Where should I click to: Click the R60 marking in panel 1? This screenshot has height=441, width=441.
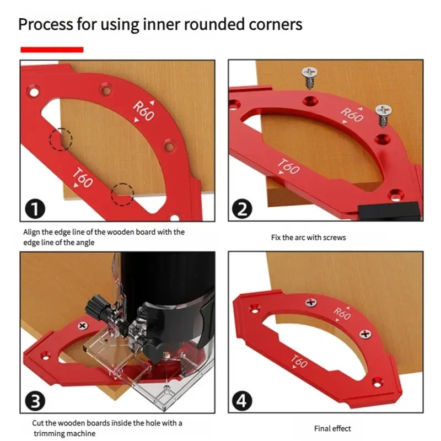[144, 111]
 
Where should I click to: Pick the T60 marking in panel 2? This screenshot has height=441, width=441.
[288, 166]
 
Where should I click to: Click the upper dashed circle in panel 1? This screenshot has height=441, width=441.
[61, 139]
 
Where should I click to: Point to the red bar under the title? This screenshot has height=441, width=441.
[52, 50]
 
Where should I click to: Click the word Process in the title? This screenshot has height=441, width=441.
[44, 25]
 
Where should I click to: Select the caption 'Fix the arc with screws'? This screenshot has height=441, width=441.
[308, 238]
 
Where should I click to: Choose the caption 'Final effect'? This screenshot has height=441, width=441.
[332, 428]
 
